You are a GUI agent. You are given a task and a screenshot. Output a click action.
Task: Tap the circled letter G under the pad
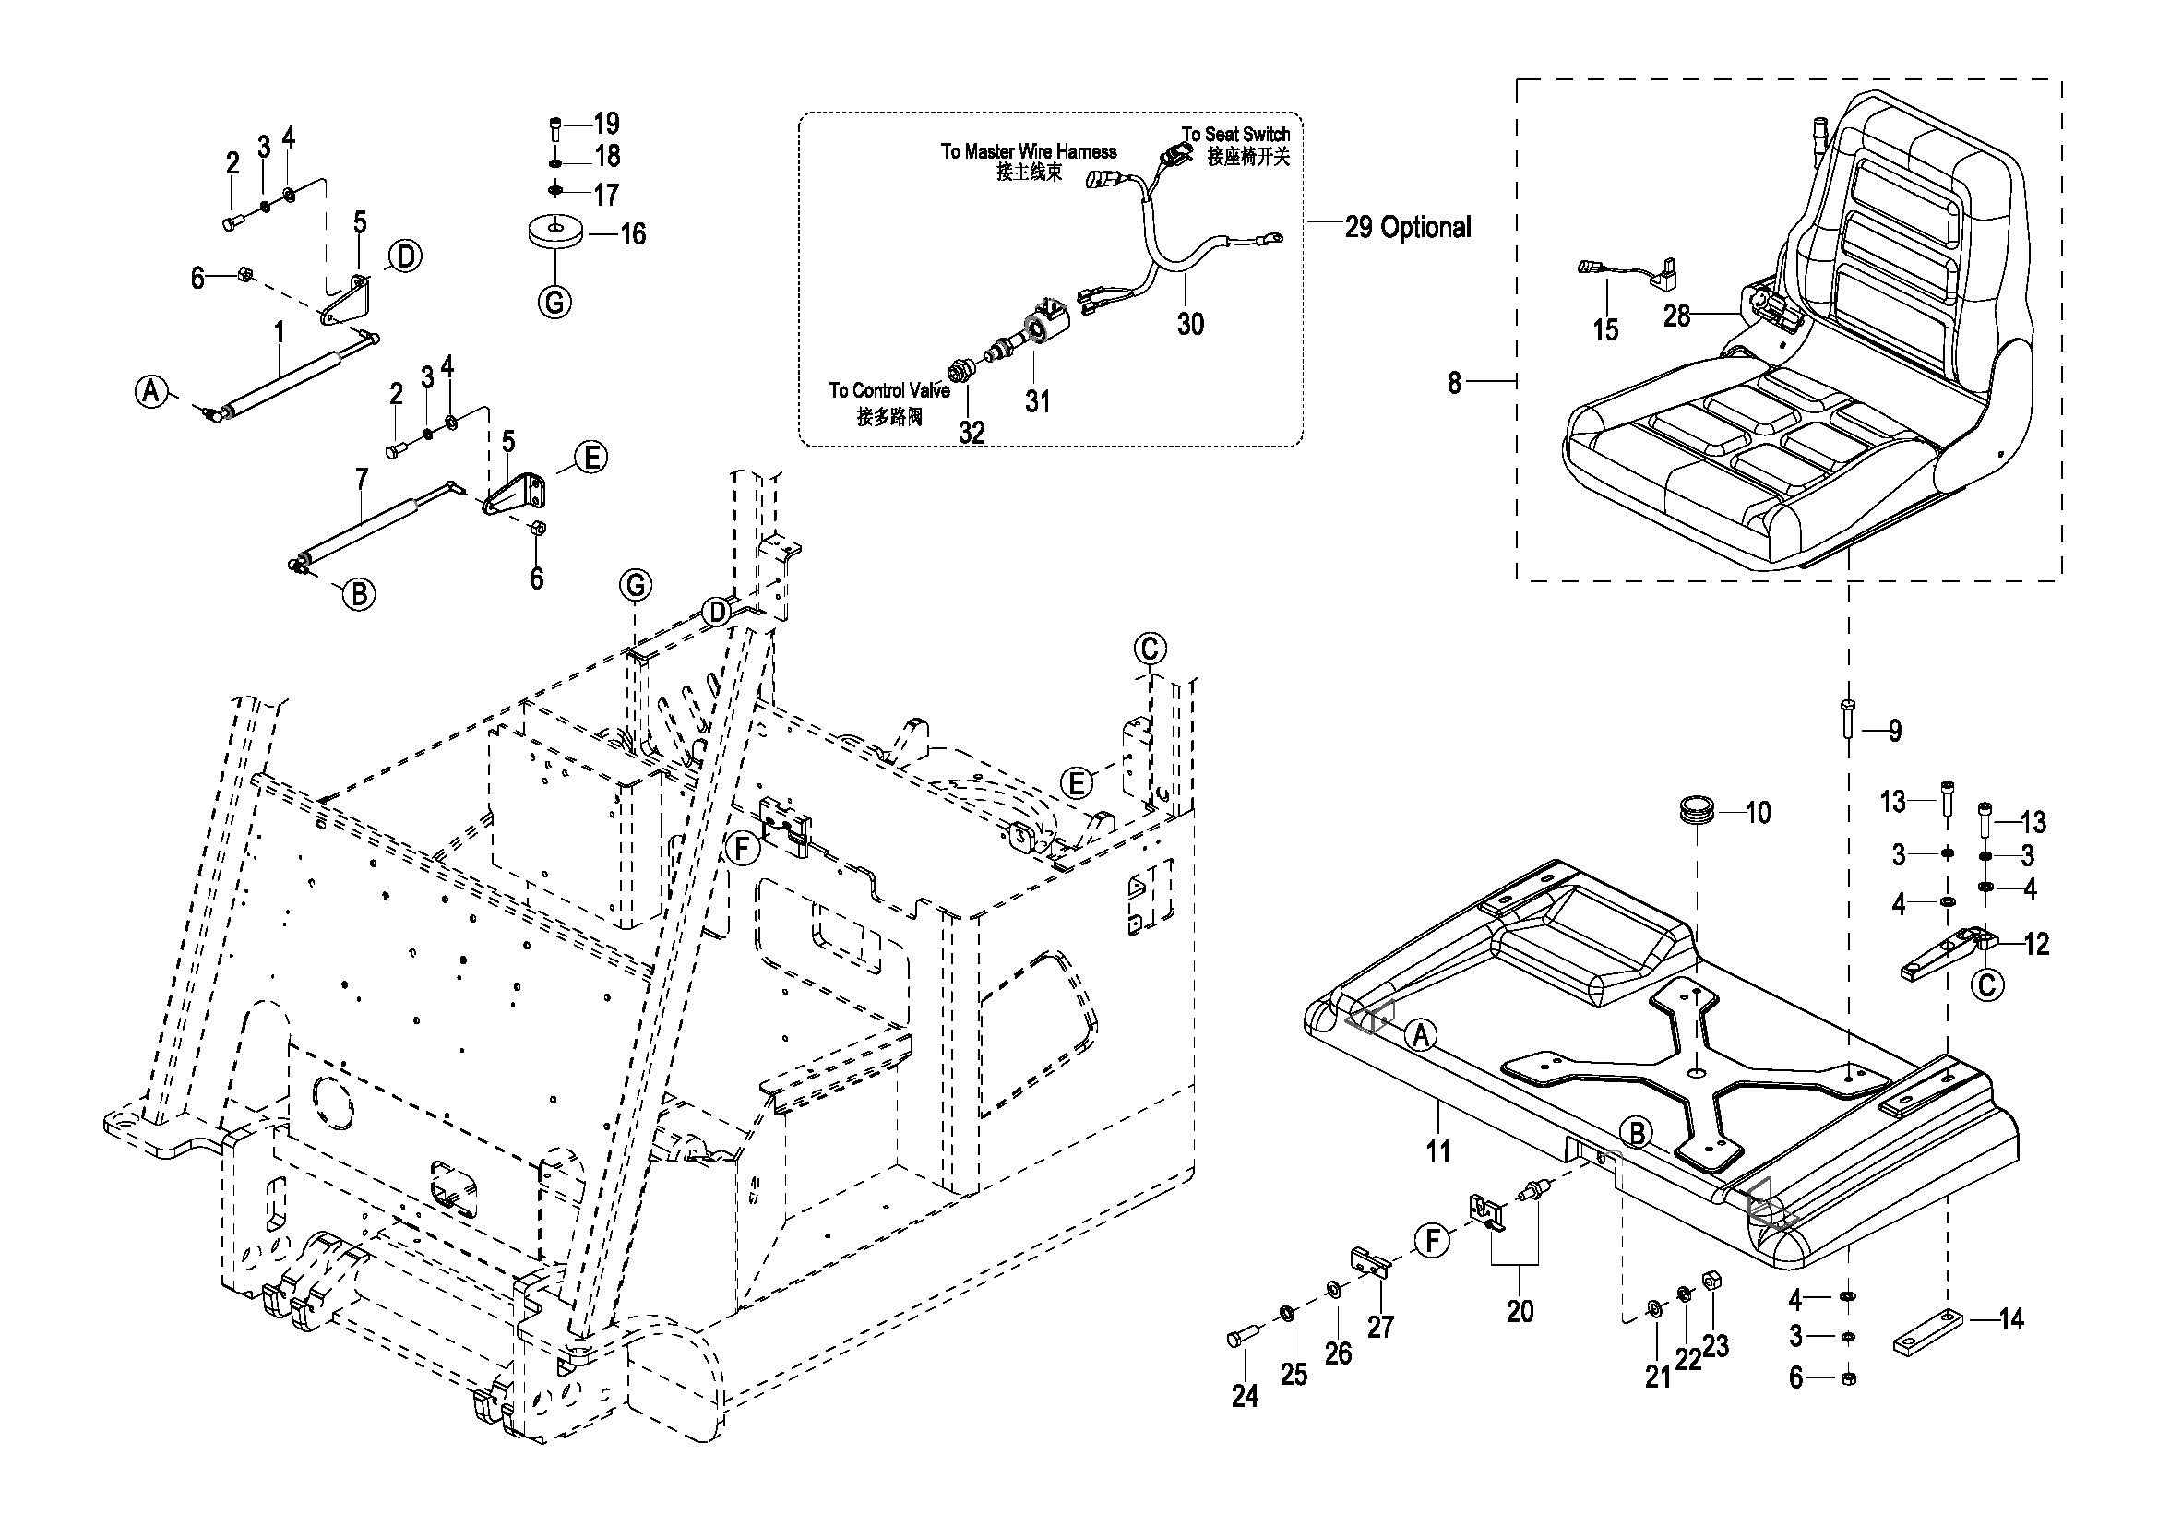pyautogui.click(x=554, y=302)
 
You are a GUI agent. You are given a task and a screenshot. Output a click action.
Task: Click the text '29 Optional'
pyautogui.click(x=1407, y=227)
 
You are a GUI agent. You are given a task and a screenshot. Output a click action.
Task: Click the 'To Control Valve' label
pyautogui.click(x=889, y=390)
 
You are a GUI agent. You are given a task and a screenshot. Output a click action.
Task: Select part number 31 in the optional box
pyautogui.click(x=1037, y=401)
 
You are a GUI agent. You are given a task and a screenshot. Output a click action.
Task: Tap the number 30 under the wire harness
pyautogui.click(x=1190, y=324)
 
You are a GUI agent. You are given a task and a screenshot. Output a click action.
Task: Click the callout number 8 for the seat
pyautogui.click(x=1454, y=383)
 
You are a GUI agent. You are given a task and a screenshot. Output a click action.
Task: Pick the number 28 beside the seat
pyautogui.click(x=1676, y=316)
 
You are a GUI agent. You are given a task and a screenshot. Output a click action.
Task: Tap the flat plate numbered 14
pyautogui.click(x=1927, y=1332)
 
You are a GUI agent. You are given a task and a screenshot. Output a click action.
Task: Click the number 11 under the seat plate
pyautogui.click(x=1438, y=1150)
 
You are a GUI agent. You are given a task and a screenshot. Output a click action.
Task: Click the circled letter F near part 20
pyautogui.click(x=1433, y=1240)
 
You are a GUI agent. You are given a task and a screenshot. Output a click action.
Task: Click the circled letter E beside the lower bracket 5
pyautogui.click(x=590, y=458)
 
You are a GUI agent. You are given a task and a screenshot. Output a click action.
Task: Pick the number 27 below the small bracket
pyautogui.click(x=1379, y=1327)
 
